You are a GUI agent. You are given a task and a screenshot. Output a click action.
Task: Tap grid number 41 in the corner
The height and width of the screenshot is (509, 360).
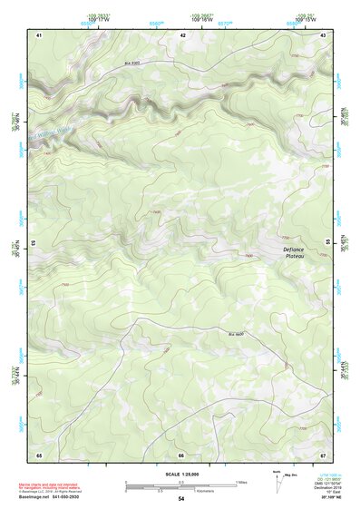tap(39, 34)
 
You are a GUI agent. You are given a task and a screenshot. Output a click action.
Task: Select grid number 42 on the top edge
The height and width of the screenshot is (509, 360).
tap(182, 34)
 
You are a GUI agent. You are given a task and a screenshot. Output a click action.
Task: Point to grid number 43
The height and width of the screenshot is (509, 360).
tap(324, 34)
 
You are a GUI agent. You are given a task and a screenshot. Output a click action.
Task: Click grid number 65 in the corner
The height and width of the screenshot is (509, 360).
tap(39, 455)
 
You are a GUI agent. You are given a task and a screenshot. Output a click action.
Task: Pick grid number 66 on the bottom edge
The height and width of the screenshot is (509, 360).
tap(181, 455)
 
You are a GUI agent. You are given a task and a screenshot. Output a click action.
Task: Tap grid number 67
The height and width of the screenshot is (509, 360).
tap(323, 455)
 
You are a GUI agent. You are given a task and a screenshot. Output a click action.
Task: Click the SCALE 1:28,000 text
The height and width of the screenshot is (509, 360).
tap(181, 475)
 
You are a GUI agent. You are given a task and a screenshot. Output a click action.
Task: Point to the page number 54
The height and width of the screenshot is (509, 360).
tap(181, 499)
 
